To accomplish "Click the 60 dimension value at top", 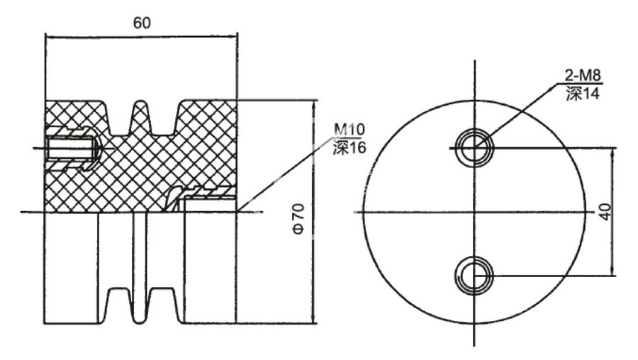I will click(141, 22).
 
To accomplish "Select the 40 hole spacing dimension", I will click(605, 212).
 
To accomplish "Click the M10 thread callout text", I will click(348, 130).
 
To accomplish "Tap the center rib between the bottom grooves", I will click(141, 305).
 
